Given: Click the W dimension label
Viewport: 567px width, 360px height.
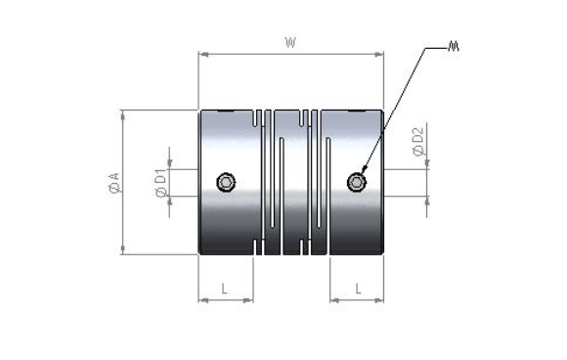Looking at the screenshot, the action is [x=290, y=43].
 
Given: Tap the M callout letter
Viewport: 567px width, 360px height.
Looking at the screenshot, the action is [x=453, y=46].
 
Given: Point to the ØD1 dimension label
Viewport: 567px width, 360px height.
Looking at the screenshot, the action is [x=161, y=183].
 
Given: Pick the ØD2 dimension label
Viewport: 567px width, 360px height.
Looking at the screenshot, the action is [x=418, y=142].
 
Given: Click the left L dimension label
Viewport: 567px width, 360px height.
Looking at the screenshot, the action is [x=224, y=289].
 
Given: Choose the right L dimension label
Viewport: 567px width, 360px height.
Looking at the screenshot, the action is [x=358, y=289].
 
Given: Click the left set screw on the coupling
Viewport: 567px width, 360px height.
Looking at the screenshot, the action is [x=227, y=182].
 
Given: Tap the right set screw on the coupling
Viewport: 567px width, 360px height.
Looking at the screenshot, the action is [x=357, y=182].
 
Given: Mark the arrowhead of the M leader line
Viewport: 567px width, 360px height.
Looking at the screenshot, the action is [x=364, y=169].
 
